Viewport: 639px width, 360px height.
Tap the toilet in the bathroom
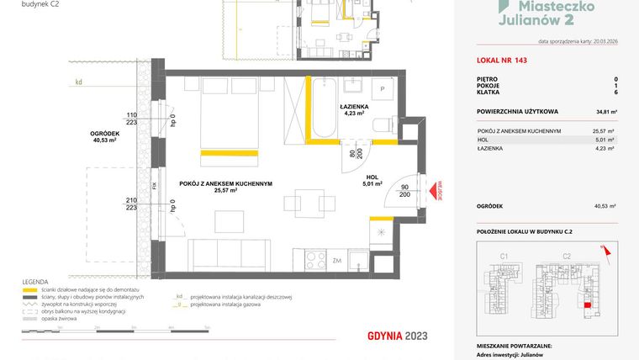pyautogui.click(x=383, y=124)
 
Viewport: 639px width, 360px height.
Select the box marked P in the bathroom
pyautogui.click(x=382, y=88)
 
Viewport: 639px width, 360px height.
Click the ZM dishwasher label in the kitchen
pyautogui.click(x=336, y=261)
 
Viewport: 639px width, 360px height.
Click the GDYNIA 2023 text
pyautogui.click(x=398, y=336)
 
